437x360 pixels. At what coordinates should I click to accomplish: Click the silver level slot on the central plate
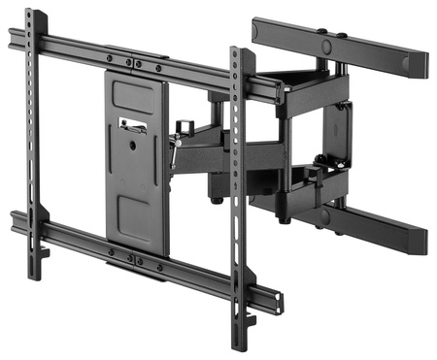pos(131,123)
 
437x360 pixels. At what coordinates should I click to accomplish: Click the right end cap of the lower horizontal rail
pos(278,302)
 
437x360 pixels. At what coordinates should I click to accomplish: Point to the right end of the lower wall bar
pos(420,243)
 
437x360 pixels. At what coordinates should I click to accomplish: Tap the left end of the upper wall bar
pos(258,29)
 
